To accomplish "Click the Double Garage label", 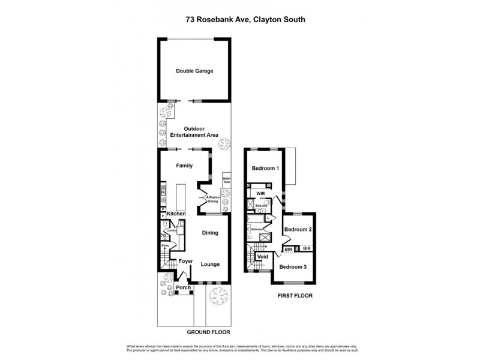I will (194, 71).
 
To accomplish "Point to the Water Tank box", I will (226, 179).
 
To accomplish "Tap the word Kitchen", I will (176, 214).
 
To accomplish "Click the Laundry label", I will (170, 230).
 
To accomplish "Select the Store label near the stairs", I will (164, 245).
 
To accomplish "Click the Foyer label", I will (185, 261).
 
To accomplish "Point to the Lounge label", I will (209, 264).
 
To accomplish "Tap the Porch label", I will (183, 287).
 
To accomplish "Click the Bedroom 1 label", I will (265, 169).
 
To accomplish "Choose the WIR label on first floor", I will (260, 194).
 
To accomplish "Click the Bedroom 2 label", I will (297, 230).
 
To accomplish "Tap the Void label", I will (262, 256).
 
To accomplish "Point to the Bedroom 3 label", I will (293, 266).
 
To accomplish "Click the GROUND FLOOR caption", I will (208, 332).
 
